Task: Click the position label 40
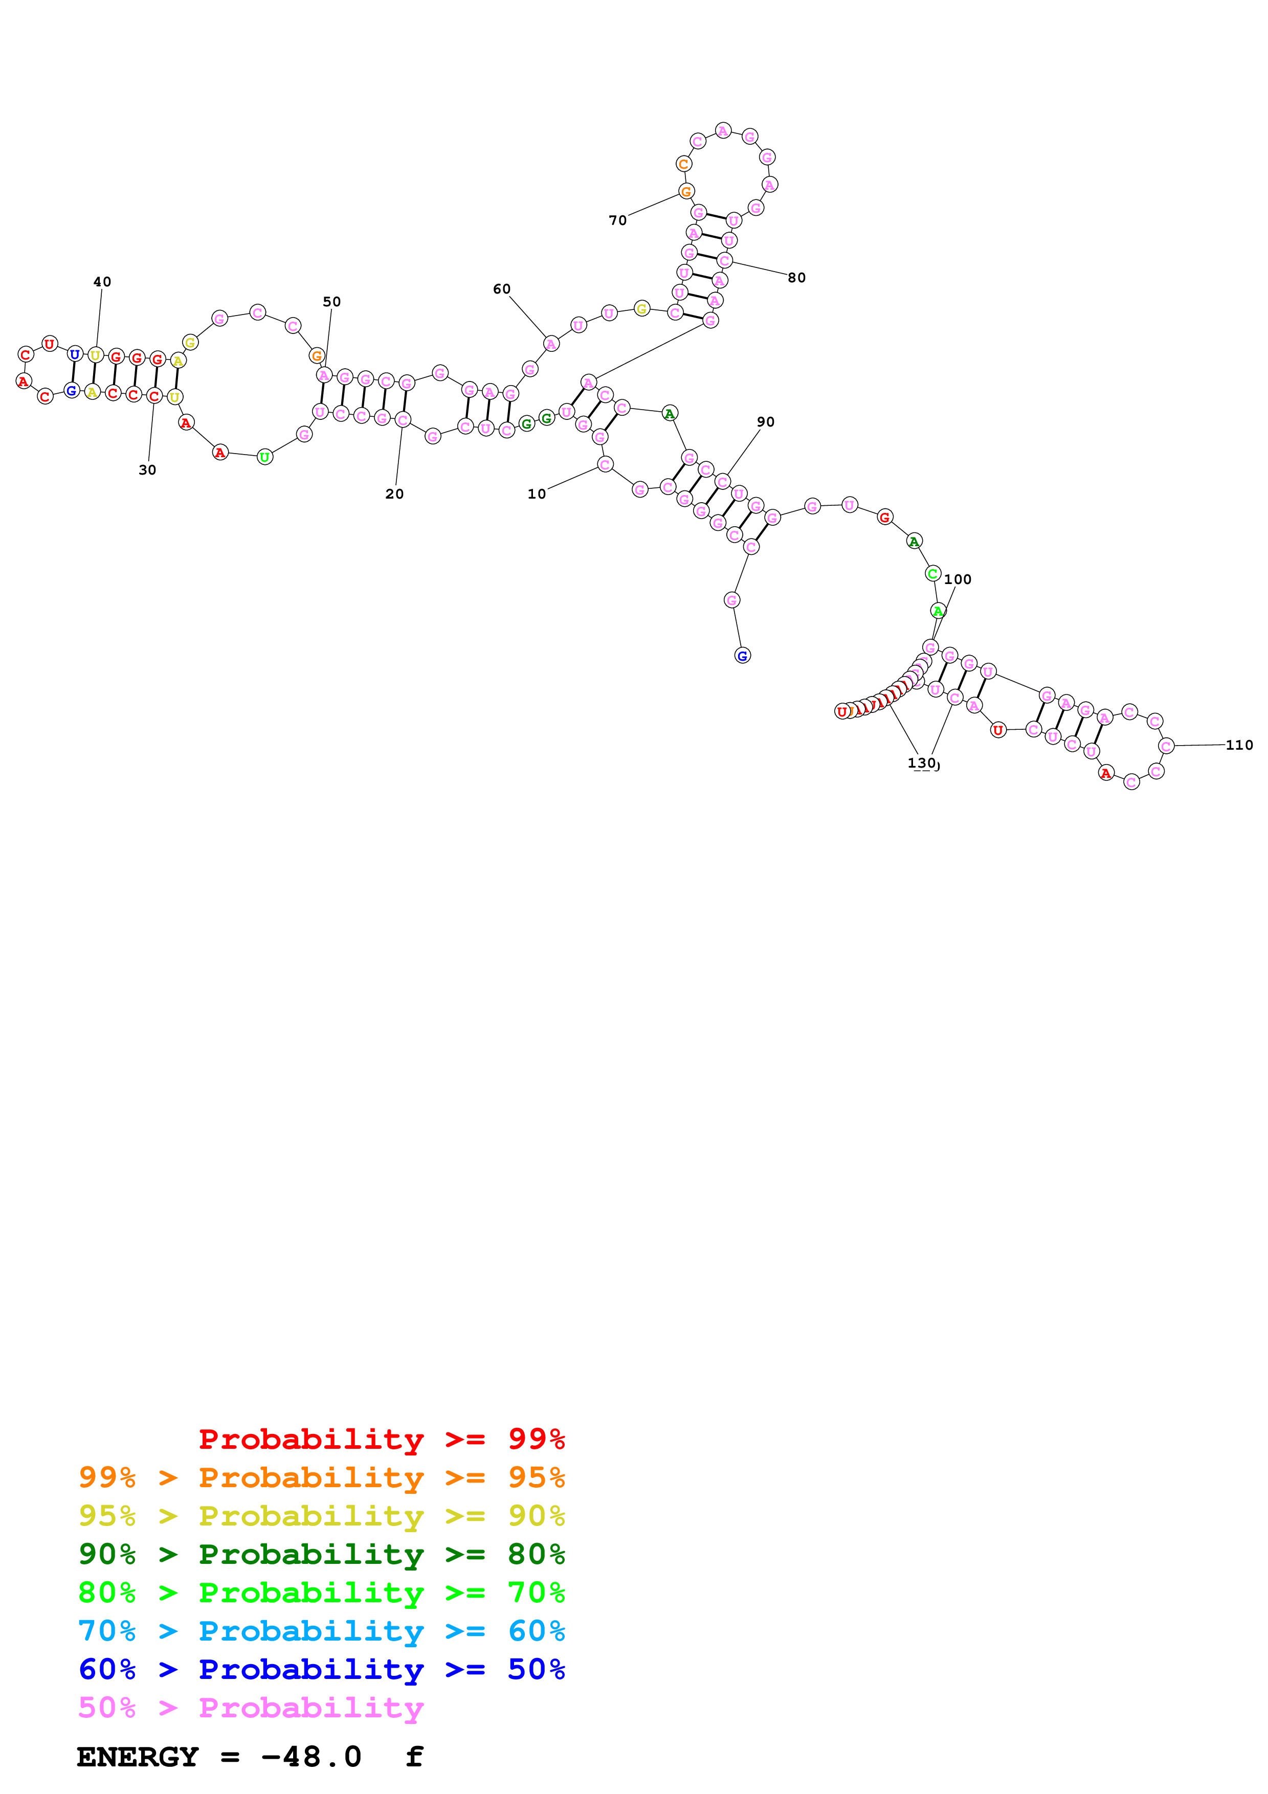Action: [x=102, y=282]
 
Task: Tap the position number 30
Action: [x=148, y=470]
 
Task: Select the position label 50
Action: [x=332, y=302]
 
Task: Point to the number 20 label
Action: [x=394, y=494]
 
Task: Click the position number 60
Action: [x=502, y=289]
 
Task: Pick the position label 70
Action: [x=618, y=221]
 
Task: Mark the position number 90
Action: [x=766, y=422]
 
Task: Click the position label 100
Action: [x=958, y=580]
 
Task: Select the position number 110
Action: [x=1239, y=746]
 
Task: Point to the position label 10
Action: [x=537, y=494]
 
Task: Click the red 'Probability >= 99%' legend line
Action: [x=381, y=1439]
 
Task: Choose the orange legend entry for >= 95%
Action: [x=321, y=1477]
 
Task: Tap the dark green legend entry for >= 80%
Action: [x=321, y=1554]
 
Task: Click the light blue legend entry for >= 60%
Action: [x=321, y=1631]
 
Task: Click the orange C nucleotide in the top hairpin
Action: [x=683, y=164]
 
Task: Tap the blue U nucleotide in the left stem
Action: [x=75, y=354]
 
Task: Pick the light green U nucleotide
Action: [x=265, y=457]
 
